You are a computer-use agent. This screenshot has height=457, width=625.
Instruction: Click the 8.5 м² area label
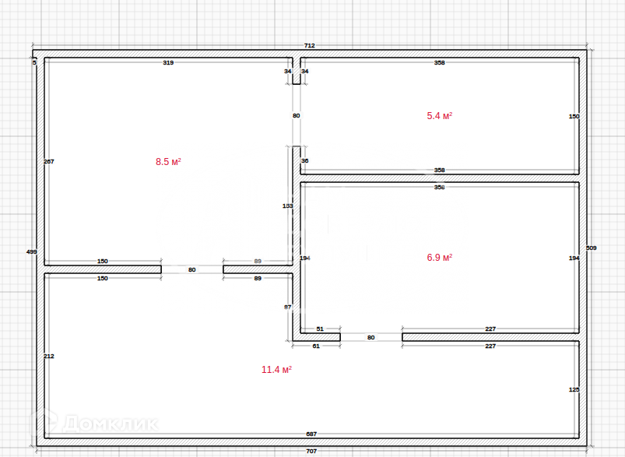[168, 162]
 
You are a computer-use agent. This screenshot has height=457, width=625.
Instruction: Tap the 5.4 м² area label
[439, 116]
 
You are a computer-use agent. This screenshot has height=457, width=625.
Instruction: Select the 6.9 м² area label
[439, 257]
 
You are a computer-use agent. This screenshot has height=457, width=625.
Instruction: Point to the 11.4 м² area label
[276, 370]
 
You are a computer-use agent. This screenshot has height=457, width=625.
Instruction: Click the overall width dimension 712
[309, 46]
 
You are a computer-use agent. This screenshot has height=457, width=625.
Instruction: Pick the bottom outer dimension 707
[311, 451]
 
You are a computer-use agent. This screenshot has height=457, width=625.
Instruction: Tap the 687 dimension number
[311, 434]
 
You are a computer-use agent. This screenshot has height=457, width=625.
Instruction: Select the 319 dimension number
[168, 62]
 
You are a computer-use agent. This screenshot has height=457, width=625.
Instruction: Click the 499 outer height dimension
[32, 251]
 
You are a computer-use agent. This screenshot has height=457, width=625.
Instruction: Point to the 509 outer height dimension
[591, 248]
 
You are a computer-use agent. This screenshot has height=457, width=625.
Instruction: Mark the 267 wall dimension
[49, 161]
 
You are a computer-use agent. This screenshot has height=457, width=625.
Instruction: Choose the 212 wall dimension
[49, 356]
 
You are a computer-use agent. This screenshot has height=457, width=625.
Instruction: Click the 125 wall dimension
[574, 389]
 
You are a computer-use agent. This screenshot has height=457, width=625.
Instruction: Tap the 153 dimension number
[287, 206]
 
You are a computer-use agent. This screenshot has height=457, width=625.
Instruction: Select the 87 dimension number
[287, 307]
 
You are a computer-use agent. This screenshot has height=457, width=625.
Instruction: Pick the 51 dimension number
[320, 329]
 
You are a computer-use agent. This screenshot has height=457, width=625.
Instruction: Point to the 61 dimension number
[316, 346]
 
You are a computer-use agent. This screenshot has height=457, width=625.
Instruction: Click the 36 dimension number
[304, 161]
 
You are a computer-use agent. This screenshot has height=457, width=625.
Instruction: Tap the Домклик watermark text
[109, 424]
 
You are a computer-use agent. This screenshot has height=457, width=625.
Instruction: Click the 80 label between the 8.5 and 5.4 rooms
[296, 115]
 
